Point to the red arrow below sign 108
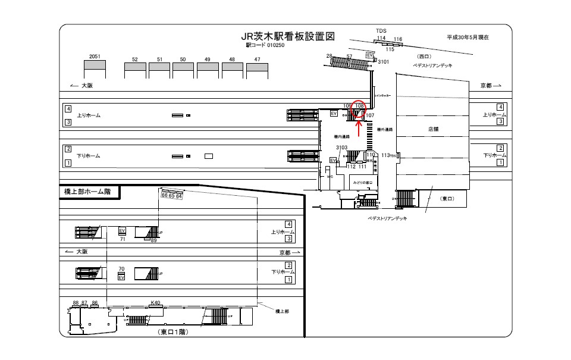(x=359, y=123)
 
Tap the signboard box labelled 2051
(x=95, y=69)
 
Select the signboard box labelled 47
(x=257, y=71)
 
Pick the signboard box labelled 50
(x=183, y=71)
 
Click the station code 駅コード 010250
(x=261, y=45)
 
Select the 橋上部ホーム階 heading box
(x=90, y=192)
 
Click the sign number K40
(x=156, y=303)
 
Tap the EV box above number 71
(x=122, y=230)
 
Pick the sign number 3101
(x=383, y=61)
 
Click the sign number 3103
(x=341, y=147)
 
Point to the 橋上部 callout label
(x=282, y=311)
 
